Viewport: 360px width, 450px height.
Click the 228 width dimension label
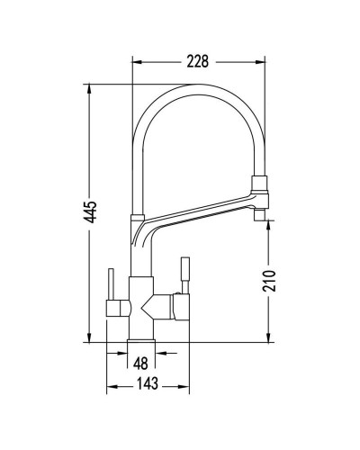pos(197,61)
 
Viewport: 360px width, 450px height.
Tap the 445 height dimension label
pos(90,211)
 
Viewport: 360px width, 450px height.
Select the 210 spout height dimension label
pos(269,281)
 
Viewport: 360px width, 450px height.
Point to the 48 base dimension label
pos(140,364)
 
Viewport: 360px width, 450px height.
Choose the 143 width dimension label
pos(148,383)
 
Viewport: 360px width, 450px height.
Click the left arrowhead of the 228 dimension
pos(137,62)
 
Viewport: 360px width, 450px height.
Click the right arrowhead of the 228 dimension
pos(261,62)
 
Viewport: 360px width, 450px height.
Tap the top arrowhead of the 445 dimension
pos(89,89)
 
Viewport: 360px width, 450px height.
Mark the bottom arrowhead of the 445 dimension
pos(89,337)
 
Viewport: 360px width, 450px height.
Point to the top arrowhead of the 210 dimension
pos(268,225)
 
